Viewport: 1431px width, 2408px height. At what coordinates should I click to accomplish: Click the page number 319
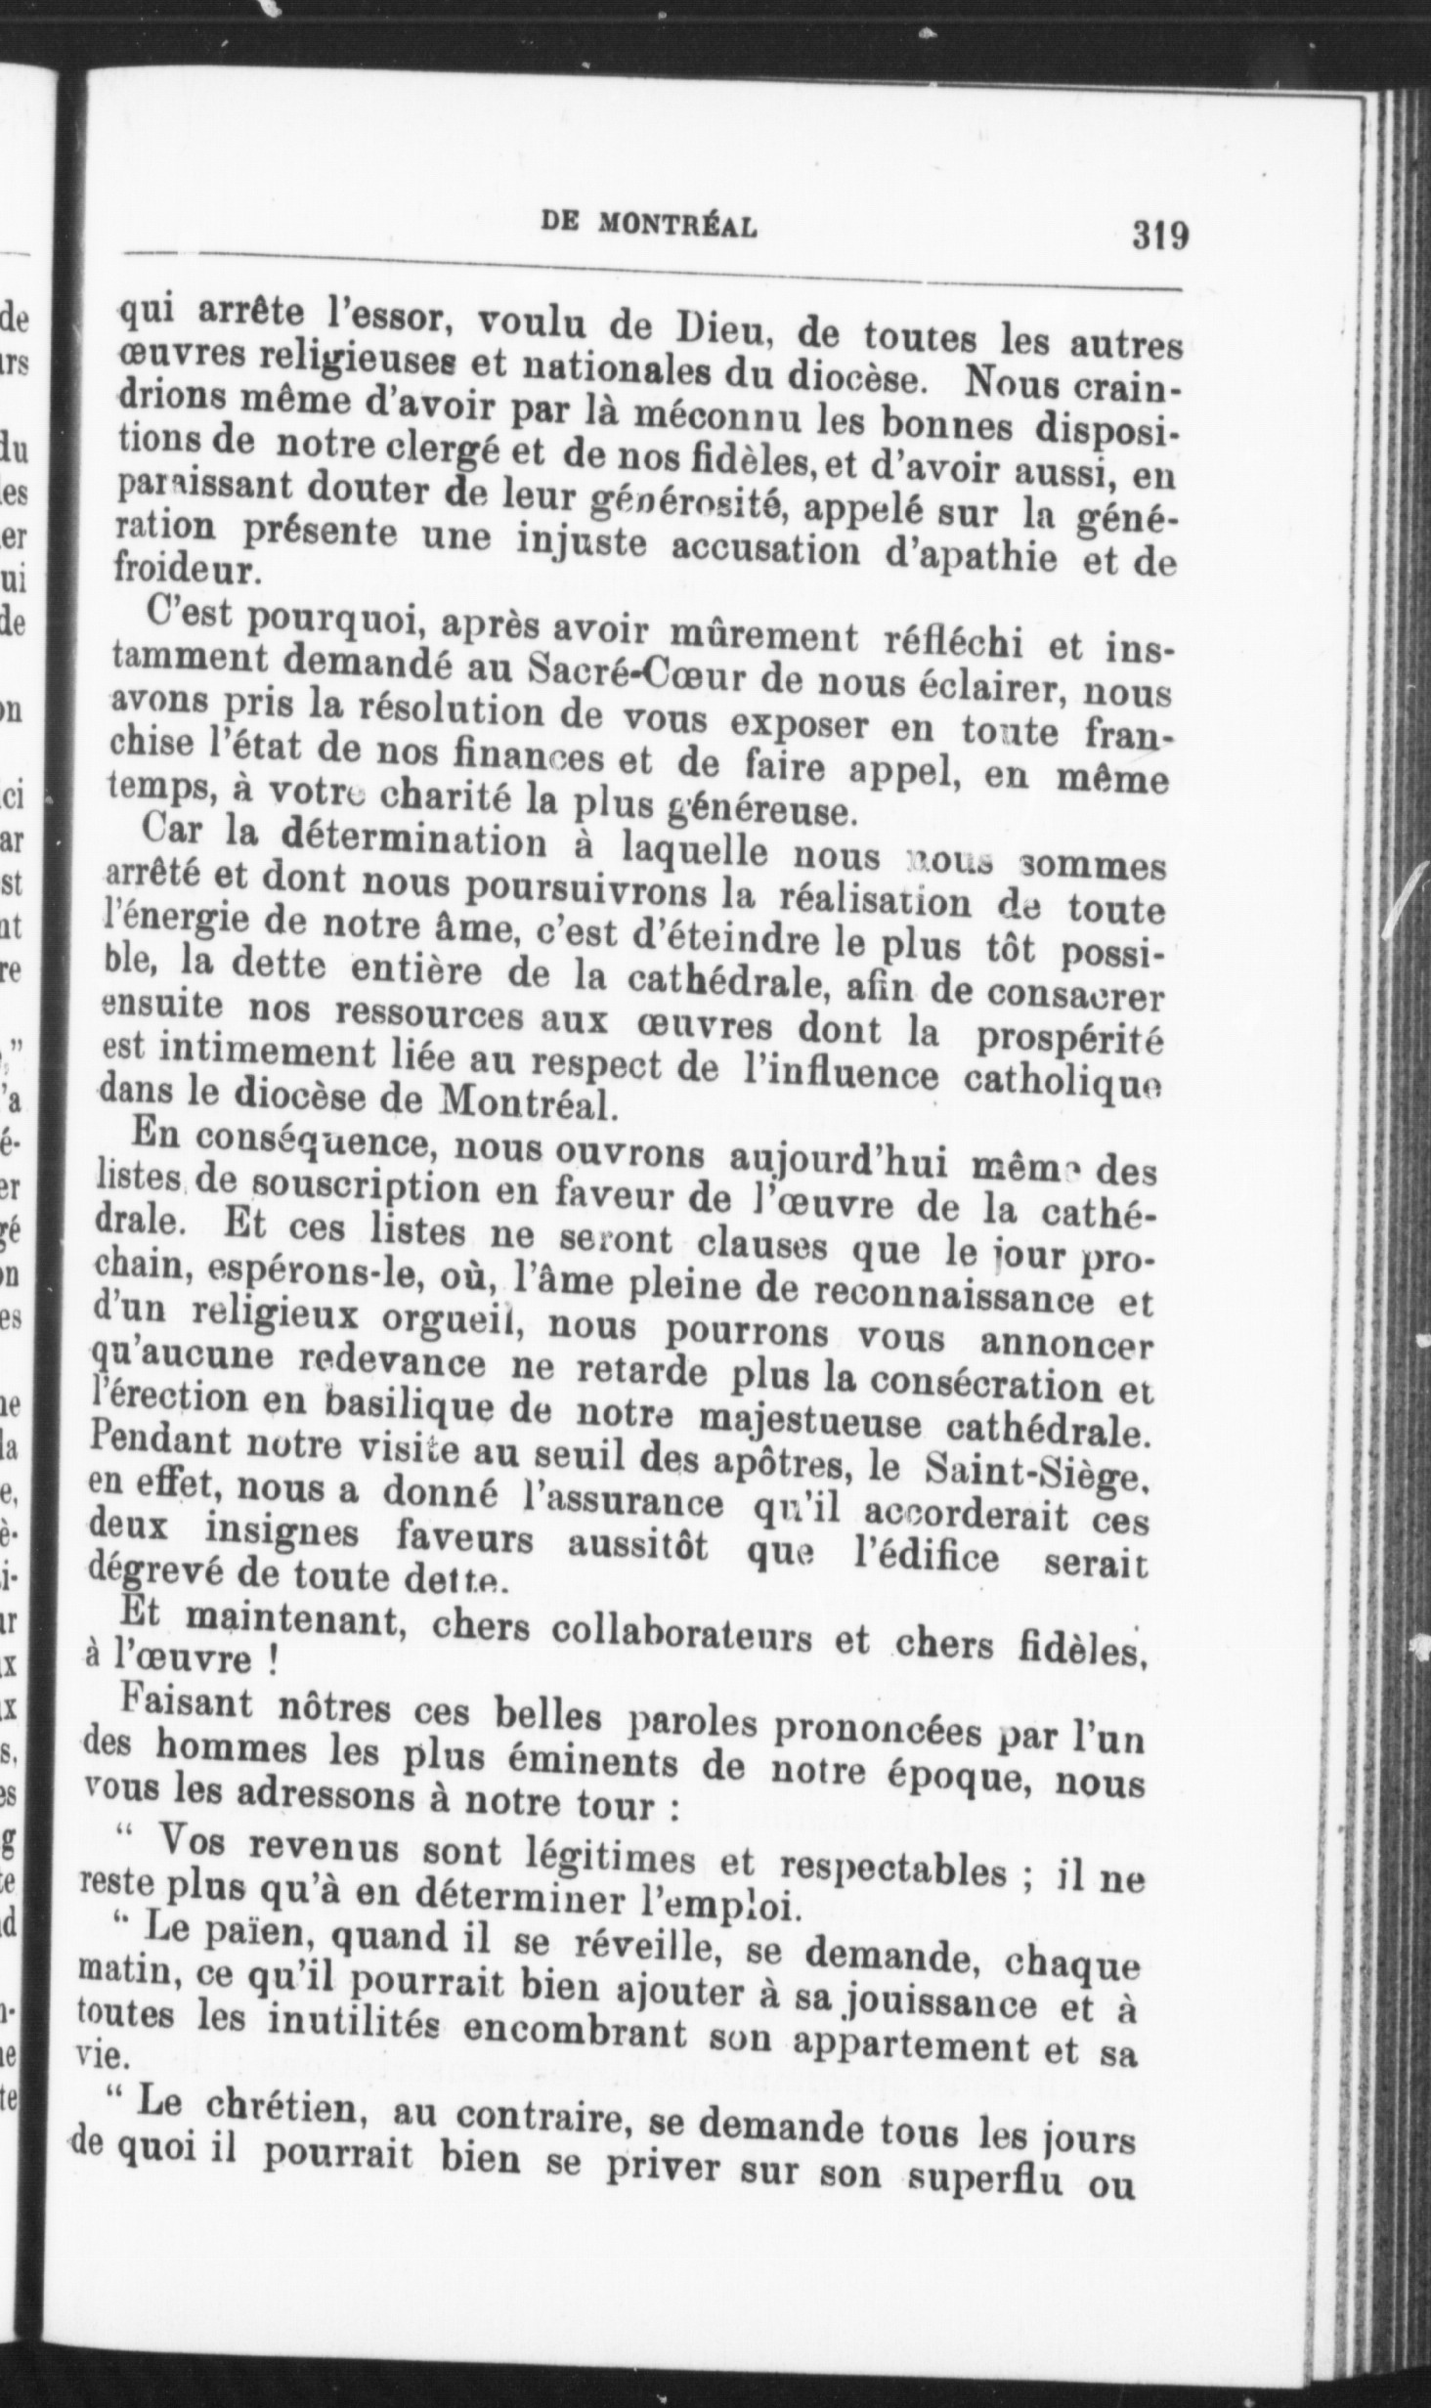(1160, 236)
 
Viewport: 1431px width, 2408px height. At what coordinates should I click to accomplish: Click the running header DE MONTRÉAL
(649, 226)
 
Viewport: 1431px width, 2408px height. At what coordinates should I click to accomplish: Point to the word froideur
(186, 570)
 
